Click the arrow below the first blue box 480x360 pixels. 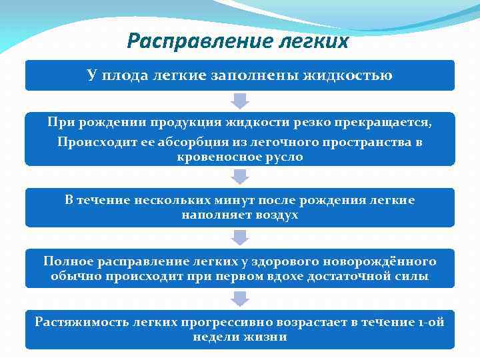click(240, 101)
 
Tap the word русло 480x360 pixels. click(283, 157)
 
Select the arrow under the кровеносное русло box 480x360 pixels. click(240, 177)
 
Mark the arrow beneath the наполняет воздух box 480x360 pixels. click(240, 237)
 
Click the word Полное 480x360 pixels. click(66, 261)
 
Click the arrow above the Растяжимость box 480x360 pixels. click(240, 299)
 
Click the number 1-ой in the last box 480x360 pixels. click(431, 321)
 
